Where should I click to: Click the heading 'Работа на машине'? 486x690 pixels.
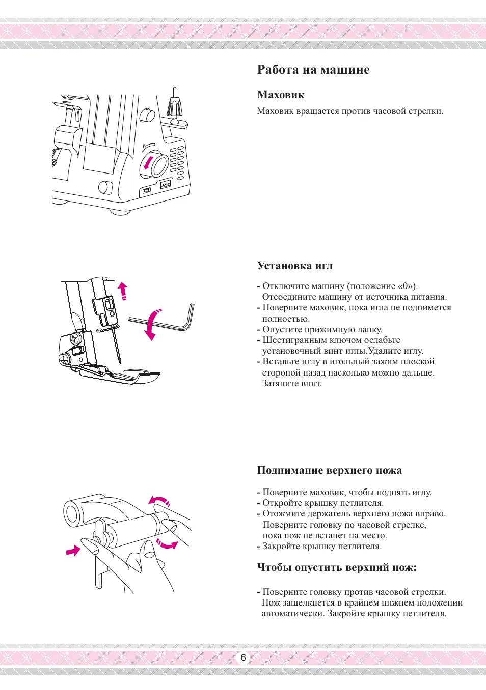(313, 70)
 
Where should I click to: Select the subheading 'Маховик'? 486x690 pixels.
(280, 95)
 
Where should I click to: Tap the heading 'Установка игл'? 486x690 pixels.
(294, 266)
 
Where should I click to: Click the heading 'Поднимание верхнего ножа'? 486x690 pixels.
(329, 470)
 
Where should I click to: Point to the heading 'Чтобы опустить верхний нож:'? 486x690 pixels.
(336, 567)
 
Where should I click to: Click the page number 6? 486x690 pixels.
(243, 657)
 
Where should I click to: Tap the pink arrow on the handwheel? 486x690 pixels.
(148, 163)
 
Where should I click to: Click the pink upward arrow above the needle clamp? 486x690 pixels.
(122, 291)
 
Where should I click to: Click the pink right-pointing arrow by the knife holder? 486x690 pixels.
(73, 550)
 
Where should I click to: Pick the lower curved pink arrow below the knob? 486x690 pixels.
(167, 543)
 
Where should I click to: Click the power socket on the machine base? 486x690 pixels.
(165, 185)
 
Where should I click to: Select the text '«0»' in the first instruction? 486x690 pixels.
(406, 286)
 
